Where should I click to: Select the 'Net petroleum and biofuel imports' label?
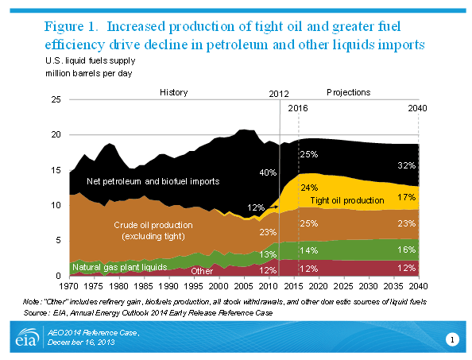pos(153,181)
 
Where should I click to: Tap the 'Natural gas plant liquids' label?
pos(119,267)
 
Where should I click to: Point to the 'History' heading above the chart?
pos(173,92)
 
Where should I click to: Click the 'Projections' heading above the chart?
pos(348,92)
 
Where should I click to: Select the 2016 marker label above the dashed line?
pos(297,107)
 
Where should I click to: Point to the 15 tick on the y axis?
pos(56,170)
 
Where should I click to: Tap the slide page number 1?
pos(451,341)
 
